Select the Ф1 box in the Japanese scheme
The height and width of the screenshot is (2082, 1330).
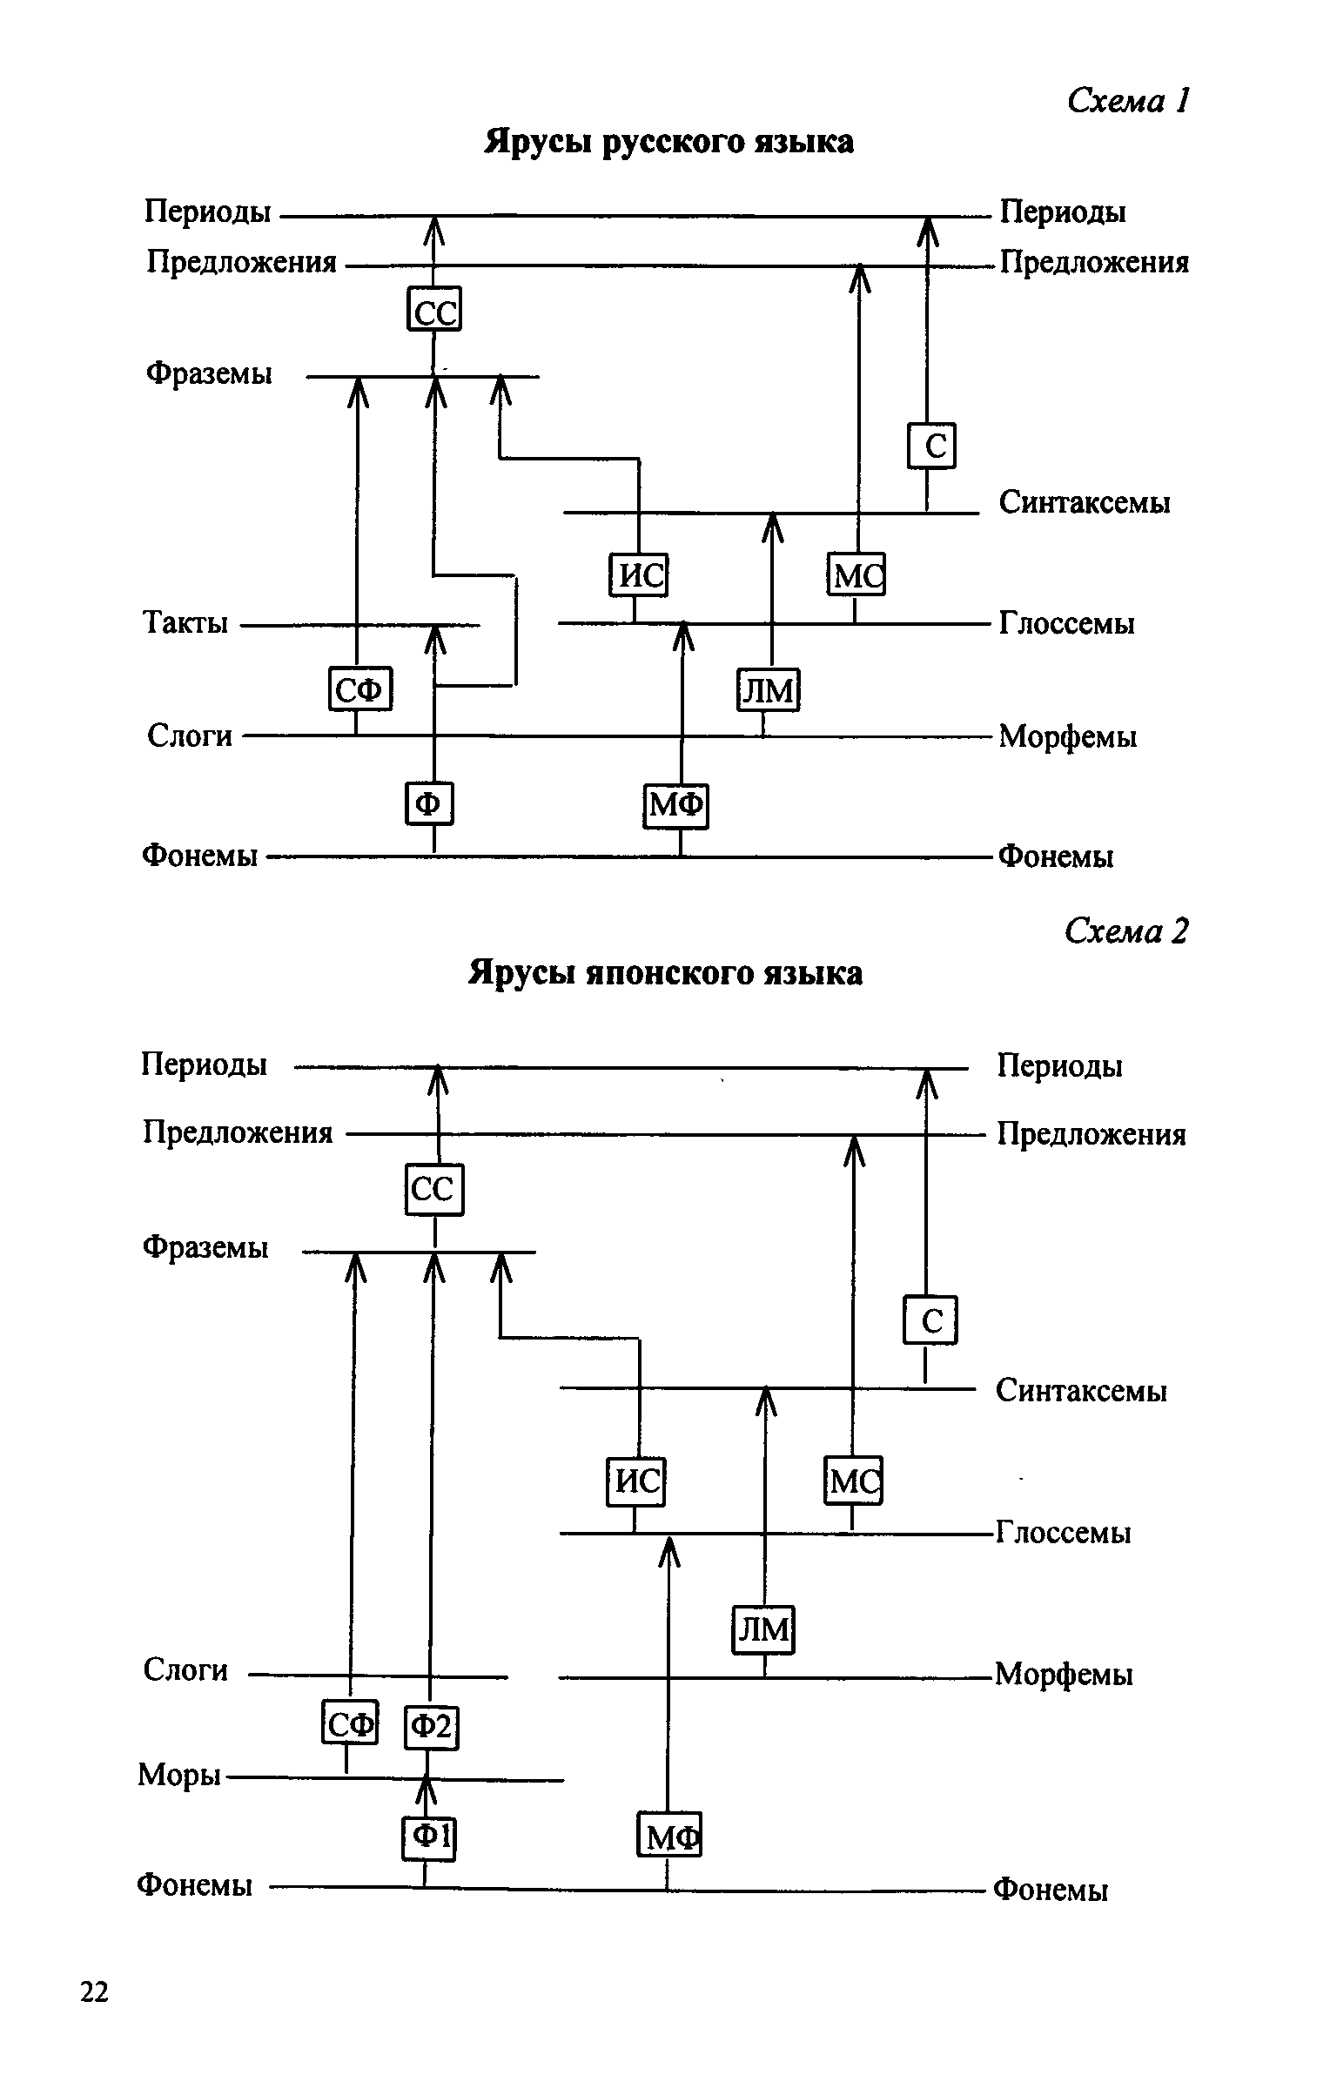429,1837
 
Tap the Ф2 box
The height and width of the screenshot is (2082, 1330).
432,1726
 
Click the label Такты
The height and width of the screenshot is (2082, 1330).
185,623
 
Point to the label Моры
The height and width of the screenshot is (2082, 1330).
178,1774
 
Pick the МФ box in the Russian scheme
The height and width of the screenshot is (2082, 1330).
676,806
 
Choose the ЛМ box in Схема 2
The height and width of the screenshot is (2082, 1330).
763,1629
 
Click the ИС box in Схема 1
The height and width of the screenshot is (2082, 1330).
638,575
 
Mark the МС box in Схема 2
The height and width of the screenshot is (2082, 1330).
853,1480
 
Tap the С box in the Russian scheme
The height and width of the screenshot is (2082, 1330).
931,446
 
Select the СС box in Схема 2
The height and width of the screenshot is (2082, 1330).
434,1189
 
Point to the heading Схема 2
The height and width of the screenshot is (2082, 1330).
1126,931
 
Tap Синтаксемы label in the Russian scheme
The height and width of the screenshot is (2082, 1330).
1085,502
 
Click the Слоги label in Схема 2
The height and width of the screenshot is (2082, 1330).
185,1669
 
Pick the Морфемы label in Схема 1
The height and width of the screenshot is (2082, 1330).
1067,736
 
